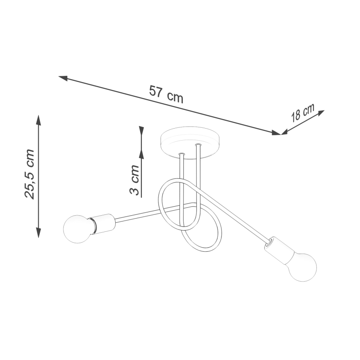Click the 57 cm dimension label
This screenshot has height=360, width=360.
click(166, 94)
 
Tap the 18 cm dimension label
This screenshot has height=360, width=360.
click(302, 112)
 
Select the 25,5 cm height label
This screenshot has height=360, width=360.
click(29, 174)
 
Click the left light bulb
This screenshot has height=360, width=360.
click(77, 229)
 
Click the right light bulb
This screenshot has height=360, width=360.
click(302, 267)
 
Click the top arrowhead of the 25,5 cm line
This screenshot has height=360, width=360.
click(39, 120)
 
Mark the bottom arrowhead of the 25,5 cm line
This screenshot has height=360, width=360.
click(39, 232)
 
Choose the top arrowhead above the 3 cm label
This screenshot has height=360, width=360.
click(141, 131)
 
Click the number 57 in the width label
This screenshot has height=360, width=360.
click(156, 92)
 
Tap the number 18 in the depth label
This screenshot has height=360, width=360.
click(296, 115)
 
